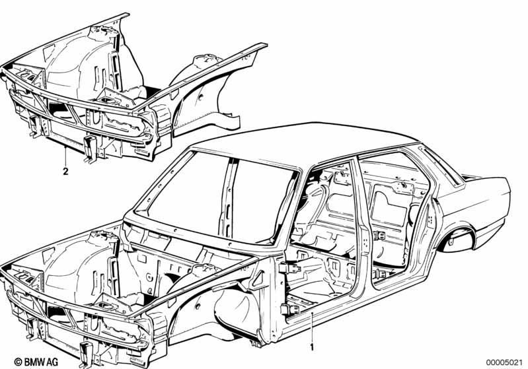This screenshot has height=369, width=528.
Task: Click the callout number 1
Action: (x=312, y=347)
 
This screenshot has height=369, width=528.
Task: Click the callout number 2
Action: (x=65, y=171)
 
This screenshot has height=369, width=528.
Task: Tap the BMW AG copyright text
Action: (x=36, y=362)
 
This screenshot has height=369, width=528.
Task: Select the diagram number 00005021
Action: (x=504, y=362)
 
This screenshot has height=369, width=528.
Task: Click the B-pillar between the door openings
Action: (x=362, y=229)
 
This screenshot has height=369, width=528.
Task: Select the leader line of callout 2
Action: (x=65, y=156)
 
